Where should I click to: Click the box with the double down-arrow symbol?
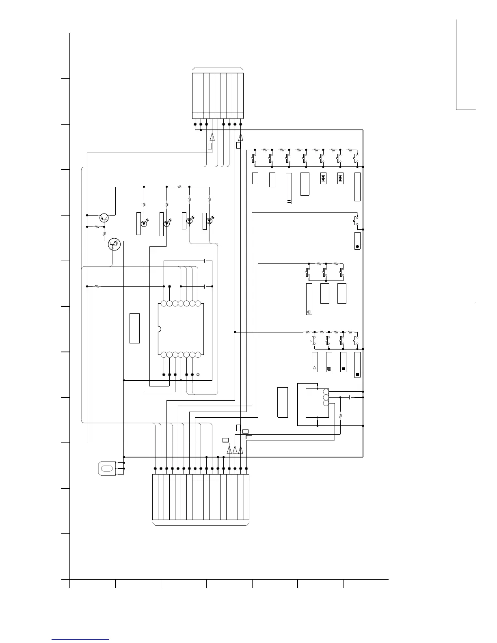point(323,178)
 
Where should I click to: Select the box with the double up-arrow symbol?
point(340,178)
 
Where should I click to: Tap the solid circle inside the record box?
point(357,246)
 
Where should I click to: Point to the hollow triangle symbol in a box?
point(315,369)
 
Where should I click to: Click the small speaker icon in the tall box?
point(309,312)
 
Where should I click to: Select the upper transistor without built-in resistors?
point(104,218)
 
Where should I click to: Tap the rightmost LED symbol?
point(209,221)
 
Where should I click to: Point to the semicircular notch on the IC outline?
point(159,329)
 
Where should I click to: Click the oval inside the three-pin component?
point(107,468)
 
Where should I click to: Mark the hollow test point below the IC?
point(198,374)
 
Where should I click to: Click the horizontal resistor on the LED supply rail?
point(179,187)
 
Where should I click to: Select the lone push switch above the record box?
point(356,221)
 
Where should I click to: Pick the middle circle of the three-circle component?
point(326,397)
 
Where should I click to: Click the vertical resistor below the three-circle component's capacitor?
point(340,415)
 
